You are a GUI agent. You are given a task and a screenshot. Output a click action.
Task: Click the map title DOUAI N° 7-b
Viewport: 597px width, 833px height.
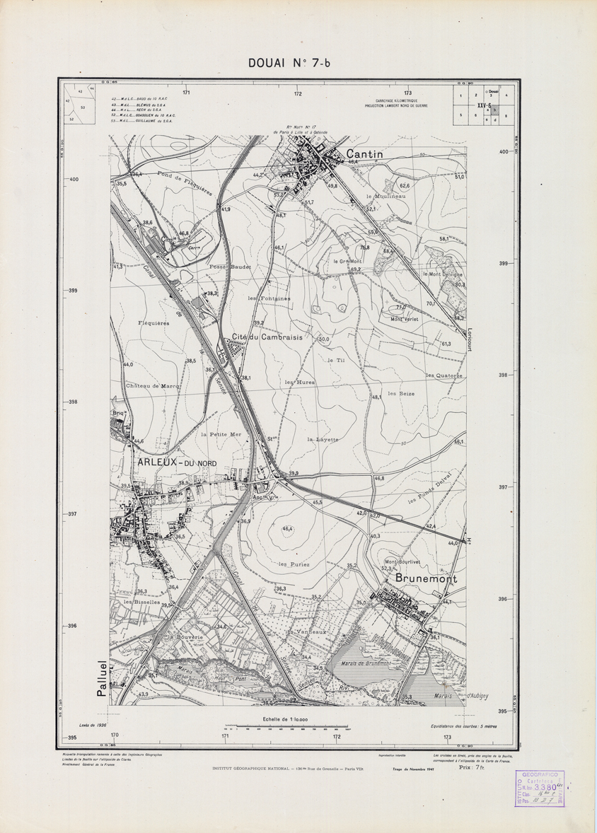coord(289,64)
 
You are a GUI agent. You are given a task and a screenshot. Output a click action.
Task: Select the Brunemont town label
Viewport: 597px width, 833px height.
coord(419,578)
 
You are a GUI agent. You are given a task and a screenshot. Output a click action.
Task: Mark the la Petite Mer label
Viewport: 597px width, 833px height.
coord(221,434)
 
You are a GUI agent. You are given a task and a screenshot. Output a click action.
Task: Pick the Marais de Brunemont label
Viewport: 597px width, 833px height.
coord(366,663)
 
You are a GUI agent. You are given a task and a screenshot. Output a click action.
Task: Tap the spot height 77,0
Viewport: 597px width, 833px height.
coord(401,308)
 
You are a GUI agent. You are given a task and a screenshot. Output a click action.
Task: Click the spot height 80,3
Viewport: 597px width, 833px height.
coord(460,284)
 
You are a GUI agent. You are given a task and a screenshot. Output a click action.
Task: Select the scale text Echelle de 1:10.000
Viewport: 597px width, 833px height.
coord(286,718)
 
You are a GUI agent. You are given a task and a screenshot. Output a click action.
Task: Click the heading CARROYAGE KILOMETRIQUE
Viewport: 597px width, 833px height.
coord(396,101)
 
